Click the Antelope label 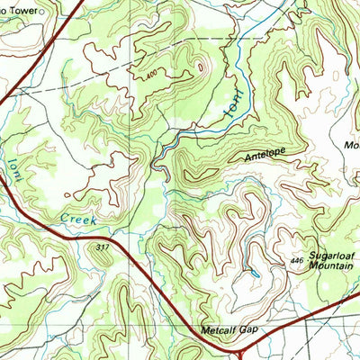[265, 156]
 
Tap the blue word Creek [77, 217]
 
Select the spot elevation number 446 [298, 260]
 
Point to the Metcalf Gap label [230, 329]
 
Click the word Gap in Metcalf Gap [249, 329]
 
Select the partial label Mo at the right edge [351, 144]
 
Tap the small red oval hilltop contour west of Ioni [199, 65]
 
